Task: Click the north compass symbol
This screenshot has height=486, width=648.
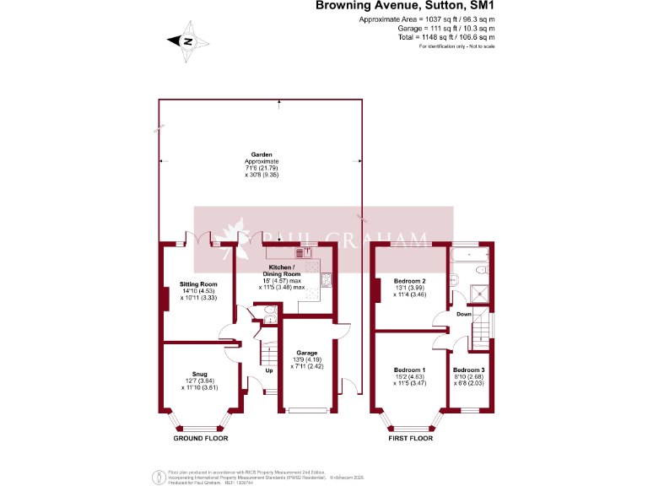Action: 187,41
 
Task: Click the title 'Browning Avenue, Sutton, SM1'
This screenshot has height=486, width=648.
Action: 405,6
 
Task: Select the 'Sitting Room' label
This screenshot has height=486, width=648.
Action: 199,283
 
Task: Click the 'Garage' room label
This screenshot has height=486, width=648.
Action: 305,353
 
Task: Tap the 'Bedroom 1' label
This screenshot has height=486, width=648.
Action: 409,370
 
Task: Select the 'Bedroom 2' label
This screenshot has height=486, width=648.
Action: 409,280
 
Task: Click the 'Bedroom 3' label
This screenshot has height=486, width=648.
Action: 468,370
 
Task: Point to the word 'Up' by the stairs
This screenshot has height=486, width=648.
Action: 269,370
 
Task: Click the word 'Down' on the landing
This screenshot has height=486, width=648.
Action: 464,314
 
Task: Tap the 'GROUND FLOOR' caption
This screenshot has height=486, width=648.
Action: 201,439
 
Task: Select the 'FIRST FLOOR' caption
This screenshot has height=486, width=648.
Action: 411,439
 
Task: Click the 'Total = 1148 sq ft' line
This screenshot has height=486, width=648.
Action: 446,37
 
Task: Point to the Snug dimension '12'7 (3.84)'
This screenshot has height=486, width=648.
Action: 199,381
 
